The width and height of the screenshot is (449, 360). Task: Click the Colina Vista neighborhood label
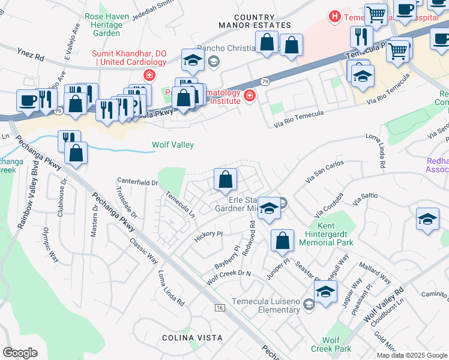click(x=184, y=338)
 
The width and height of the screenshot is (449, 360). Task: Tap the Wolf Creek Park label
click(x=336, y=344)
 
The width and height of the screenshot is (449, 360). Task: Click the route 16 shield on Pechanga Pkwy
click(x=220, y=308)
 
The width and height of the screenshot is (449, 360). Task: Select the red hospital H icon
click(x=334, y=17)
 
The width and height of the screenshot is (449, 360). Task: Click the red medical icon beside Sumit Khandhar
click(x=148, y=76)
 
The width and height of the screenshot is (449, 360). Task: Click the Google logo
click(x=20, y=353)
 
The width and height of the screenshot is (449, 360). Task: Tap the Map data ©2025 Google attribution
click(x=412, y=355)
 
